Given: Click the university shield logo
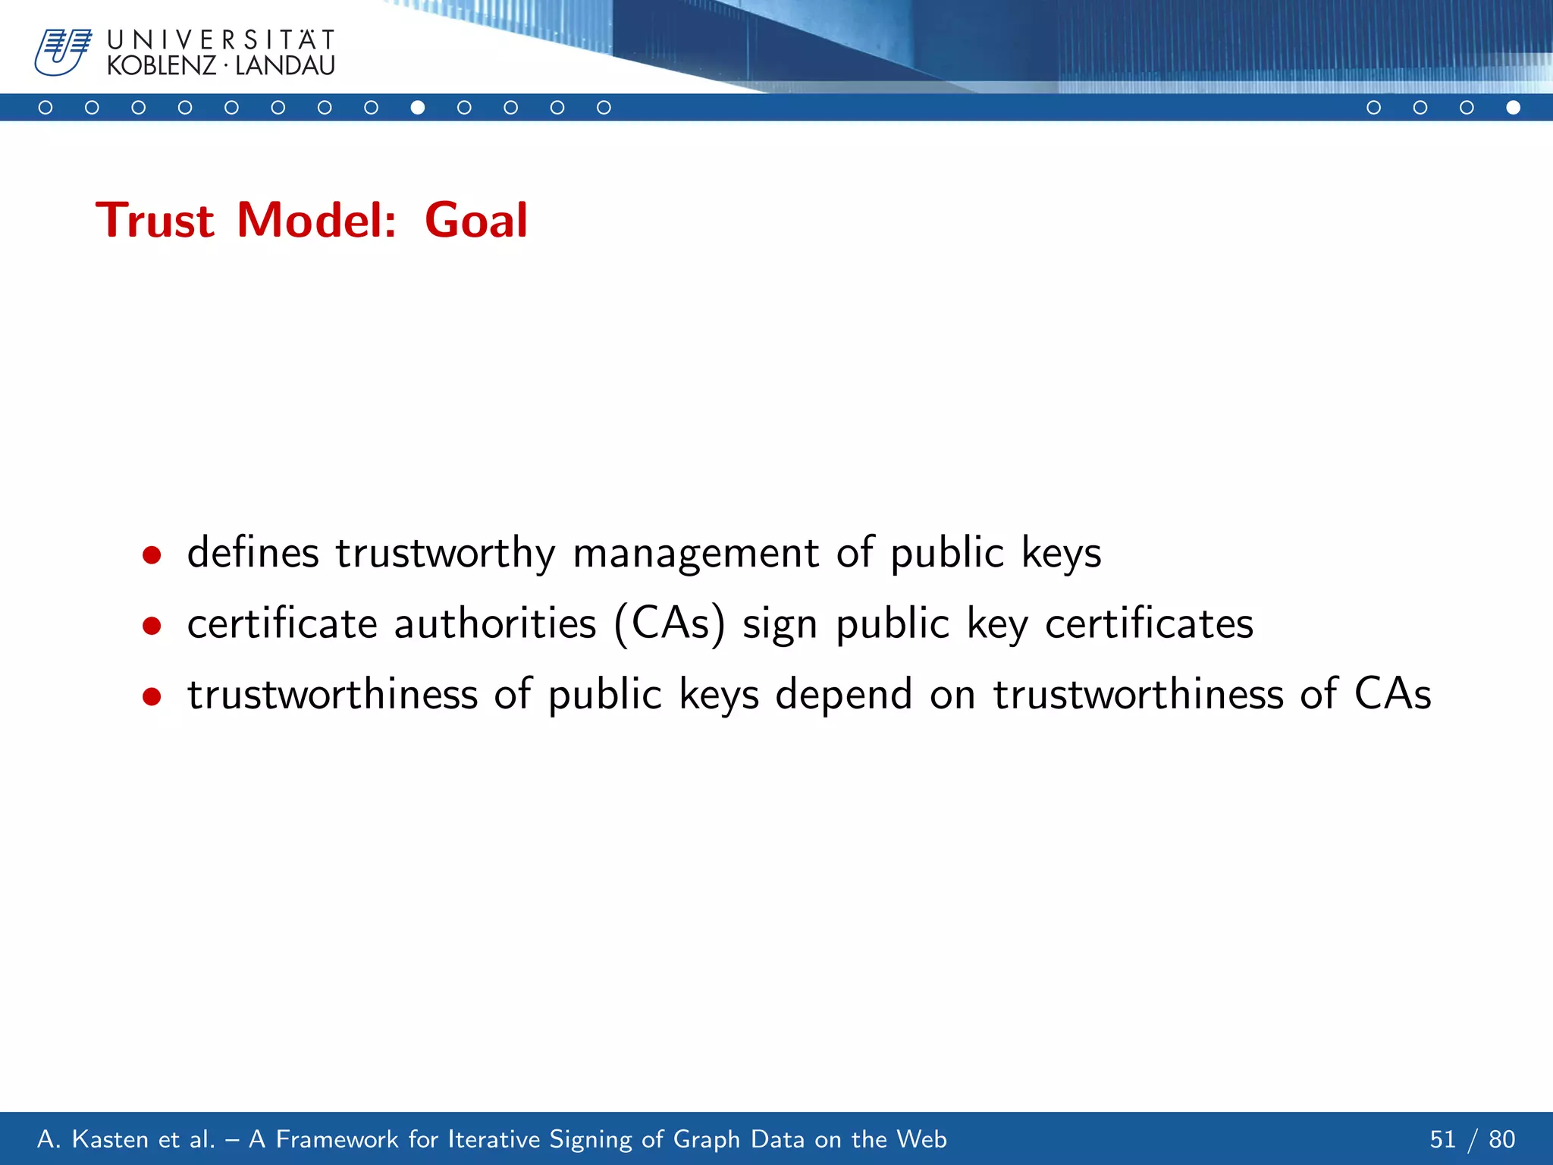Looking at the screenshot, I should coord(62,52).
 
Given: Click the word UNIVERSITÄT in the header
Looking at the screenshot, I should coord(221,40).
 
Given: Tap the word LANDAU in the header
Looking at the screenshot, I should coord(285,66).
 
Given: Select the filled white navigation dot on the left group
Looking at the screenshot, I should coord(417,108).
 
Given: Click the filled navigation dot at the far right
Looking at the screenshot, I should coord(1513,108).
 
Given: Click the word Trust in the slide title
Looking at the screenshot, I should coord(155,221).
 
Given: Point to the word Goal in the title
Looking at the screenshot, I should coord(475,221).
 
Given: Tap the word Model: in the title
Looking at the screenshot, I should coord(316,221).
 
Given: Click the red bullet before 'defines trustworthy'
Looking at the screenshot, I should coord(152,555).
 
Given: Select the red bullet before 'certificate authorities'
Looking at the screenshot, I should coord(152,626).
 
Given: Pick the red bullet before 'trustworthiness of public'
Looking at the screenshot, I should coord(152,696).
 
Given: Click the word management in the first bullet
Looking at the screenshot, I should coord(695,554).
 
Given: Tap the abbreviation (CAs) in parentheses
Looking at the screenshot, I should coord(669,625).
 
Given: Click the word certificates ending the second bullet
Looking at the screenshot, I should coord(1149,625).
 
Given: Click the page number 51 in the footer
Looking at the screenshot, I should coord(1442,1139).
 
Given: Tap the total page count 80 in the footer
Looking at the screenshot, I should coord(1501,1139).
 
